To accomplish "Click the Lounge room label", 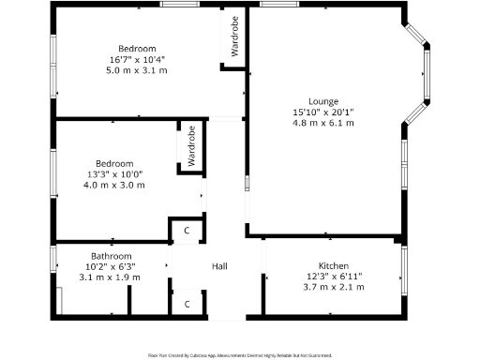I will tap(323, 101).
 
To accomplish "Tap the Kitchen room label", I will tap(334, 265).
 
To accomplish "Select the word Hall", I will tap(219, 267).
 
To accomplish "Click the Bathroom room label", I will tap(111, 256).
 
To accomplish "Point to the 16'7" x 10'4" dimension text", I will tap(137, 60).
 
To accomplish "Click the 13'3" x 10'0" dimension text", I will tap(112, 173).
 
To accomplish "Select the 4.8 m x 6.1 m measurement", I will tap(323, 123).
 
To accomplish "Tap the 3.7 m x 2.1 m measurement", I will tap(334, 287).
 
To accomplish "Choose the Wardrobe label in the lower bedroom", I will tap(190, 146).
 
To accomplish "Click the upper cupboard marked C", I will tap(187, 230).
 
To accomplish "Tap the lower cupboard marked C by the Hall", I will tap(187, 304).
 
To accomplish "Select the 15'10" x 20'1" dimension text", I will tap(323, 112).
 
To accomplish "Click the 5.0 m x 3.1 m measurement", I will tap(137, 70).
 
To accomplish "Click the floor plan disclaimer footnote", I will tap(240, 355).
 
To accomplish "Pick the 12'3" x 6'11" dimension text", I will tap(334, 277).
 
